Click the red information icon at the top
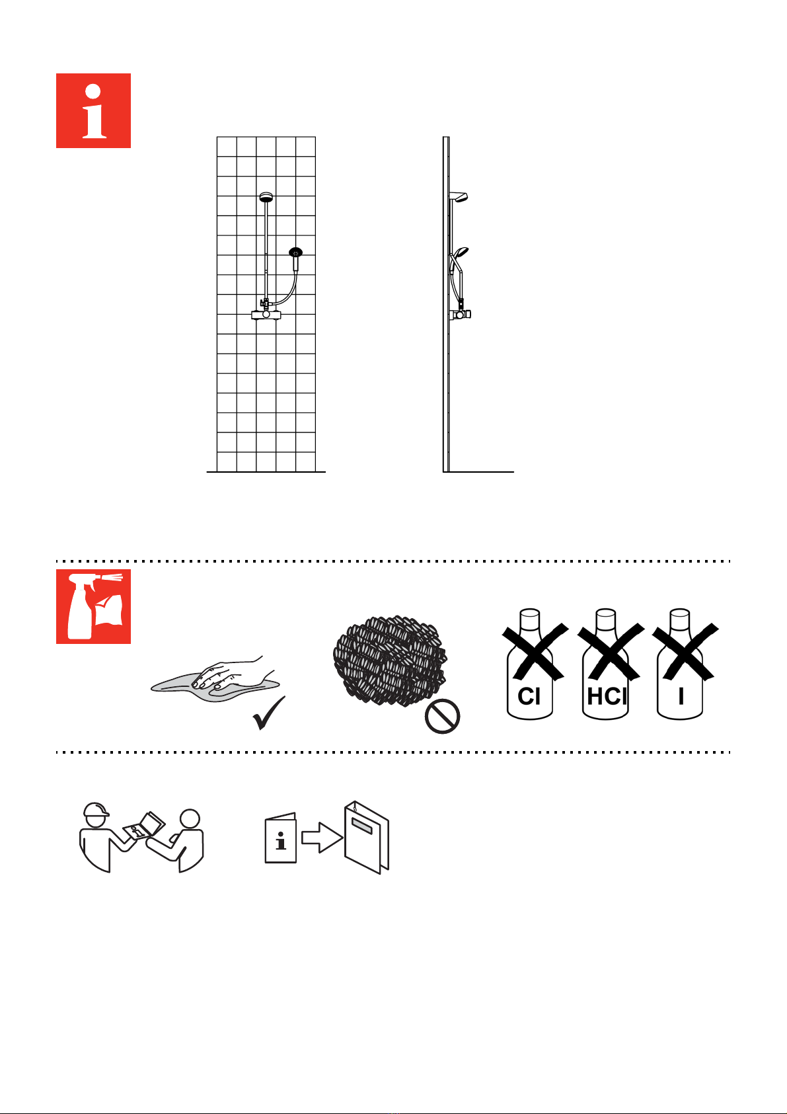tap(93, 110)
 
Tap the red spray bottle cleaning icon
tap(93, 606)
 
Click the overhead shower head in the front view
tap(266, 197)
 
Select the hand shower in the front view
tap(296, 259)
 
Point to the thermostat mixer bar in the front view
tap(266, 314)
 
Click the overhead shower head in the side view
tap(459, 198)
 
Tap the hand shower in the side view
tap(461, 252)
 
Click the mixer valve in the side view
tap(461, 314)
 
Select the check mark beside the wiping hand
tap(269, 713)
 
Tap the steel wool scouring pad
tap(390, 660)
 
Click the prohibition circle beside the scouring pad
tap(442, 716)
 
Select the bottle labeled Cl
tap(530, 664)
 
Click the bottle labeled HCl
tap(605, 664)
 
